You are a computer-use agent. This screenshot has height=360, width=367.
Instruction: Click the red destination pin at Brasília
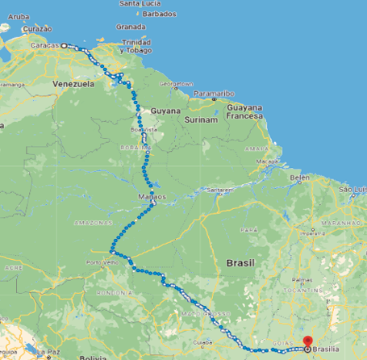point(307,341)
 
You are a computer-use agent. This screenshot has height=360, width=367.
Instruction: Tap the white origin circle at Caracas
point(64,46)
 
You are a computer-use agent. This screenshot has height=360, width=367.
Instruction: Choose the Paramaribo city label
point(212,91)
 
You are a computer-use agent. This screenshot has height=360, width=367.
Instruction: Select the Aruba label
point(16,15)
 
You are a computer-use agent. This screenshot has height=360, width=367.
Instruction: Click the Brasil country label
point(240,264)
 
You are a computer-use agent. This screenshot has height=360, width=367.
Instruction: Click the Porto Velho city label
point(102,262)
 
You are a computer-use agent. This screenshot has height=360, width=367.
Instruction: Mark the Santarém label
point(219,190)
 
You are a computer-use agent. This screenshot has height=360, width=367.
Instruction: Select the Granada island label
point(130,26)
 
